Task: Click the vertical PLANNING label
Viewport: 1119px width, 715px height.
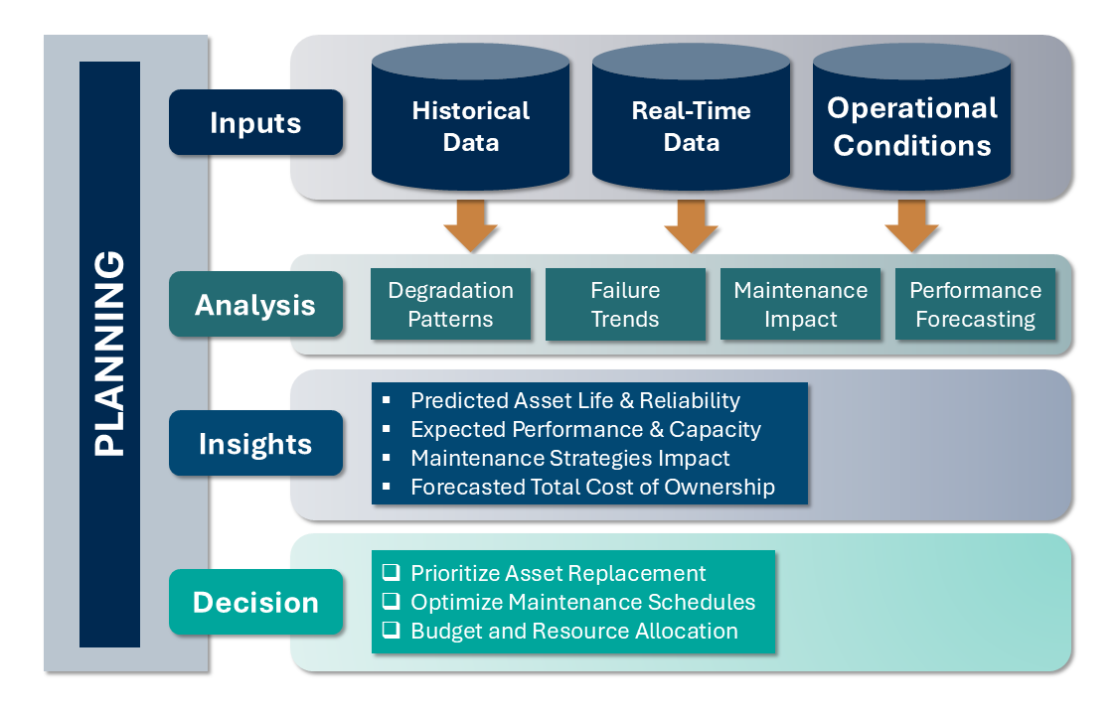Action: [109, 354]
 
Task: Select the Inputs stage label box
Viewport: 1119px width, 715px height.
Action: [255, 123]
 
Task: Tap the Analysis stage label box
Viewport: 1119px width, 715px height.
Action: [255, 304]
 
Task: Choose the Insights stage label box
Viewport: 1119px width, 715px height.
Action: [255, 443]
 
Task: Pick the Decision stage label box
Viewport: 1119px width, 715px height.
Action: [255, 602]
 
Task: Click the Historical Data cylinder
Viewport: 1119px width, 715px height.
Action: [471, 125]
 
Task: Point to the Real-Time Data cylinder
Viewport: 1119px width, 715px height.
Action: [692, 125]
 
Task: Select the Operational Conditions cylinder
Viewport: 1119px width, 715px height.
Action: [912, 125]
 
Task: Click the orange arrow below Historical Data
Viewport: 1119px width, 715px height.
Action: [471, 225]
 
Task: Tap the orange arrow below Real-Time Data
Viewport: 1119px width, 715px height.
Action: [692, 225]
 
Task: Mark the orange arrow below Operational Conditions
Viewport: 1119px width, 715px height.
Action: [912, 225]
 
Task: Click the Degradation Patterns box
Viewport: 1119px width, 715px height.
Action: [450, 304]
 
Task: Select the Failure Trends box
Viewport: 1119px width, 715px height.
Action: [625, 304]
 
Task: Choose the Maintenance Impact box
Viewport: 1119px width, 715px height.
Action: [800, 304]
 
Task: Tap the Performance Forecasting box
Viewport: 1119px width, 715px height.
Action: [975, 304]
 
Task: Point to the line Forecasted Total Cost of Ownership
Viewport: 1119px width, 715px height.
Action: [592, 488]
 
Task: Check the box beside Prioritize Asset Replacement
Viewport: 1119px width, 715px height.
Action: [392, 573]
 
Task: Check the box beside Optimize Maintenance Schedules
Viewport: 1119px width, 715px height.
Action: [392, 602]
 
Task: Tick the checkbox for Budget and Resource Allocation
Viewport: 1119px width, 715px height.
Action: [392, 631]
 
